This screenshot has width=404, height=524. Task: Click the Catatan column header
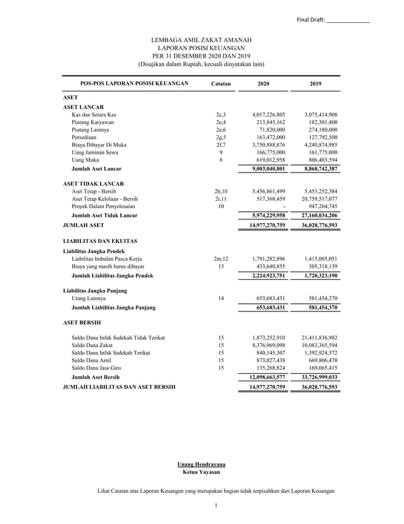coord(220,84)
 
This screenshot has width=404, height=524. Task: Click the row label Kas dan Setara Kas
coord(94,114)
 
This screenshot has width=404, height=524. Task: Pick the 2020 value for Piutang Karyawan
coord(268,122)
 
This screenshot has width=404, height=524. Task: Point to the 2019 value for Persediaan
coord(320,137)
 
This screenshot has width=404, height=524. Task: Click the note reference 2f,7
coord(220,145)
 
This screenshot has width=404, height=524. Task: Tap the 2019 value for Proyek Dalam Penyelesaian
coord(321,206)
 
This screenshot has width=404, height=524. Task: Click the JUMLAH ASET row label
coord(83,225)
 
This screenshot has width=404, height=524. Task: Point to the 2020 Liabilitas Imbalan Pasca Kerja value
coord(268,259)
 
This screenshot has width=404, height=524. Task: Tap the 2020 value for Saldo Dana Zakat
coord(268,345)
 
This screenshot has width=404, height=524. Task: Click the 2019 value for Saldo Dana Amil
coord(320,360)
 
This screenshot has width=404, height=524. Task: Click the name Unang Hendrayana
coord(201,465)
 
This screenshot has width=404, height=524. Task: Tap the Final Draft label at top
coord(310,20)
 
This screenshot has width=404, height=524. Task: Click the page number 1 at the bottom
coord(216,505)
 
